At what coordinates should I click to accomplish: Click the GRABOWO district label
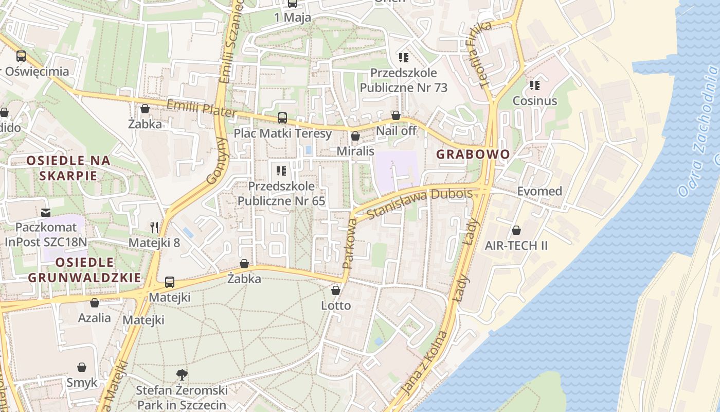coord(473,154)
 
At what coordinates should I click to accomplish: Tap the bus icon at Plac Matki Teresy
coord(282,117)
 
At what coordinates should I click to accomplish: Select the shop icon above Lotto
coord(336,290)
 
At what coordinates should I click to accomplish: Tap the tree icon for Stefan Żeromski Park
coord(182,374)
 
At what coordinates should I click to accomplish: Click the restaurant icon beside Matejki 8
coord(154,227)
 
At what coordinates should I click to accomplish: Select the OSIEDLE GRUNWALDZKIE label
coord(84,270)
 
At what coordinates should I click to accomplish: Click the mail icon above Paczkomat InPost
coord(46,212)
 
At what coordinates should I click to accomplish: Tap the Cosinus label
coord(535,100)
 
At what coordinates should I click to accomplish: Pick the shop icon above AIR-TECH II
coord(516,230)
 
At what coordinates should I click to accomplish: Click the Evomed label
coord(539,192)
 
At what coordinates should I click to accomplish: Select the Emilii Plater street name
coord(201,108)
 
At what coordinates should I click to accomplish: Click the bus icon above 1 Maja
coord(292,3)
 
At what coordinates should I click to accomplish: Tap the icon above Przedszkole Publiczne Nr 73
coord(403,57)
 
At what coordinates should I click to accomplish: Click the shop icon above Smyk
coord(81,367)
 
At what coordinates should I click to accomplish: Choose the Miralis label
coord(355,151)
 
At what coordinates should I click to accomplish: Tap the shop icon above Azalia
coord(94,303)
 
